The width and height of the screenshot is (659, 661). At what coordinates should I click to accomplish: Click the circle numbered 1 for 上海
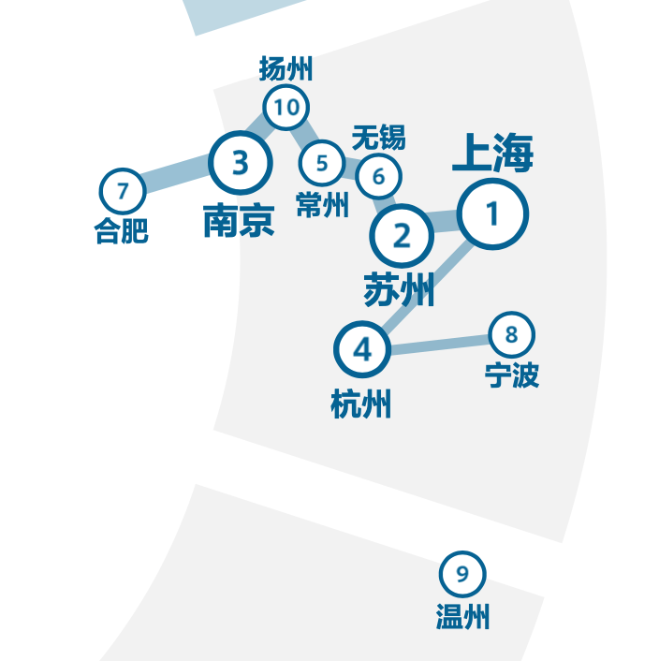point(492,214)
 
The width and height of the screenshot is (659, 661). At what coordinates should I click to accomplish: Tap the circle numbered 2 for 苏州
point(402,237)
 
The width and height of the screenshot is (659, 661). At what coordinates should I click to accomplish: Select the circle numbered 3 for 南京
point(241,163)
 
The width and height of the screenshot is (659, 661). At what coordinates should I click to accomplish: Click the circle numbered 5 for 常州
point(322,163)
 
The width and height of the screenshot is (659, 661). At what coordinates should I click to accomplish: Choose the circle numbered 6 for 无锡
point(378,175)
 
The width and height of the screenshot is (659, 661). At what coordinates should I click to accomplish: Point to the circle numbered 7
point(123,192)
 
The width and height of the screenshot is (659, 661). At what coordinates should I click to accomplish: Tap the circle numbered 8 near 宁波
point(511,334)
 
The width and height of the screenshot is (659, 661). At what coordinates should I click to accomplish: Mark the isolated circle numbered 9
point(462,574)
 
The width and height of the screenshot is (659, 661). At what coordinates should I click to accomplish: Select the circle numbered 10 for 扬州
point(286,108)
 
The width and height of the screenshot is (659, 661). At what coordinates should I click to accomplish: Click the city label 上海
point(492,154)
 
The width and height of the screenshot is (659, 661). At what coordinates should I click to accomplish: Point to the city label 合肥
point(122,230)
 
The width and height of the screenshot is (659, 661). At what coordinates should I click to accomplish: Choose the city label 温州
point(462,616)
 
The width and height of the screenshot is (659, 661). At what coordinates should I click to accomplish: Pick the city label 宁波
point(512,375)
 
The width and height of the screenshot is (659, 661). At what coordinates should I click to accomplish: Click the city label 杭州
point(361,405)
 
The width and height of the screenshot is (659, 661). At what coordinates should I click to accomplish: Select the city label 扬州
point(286,68)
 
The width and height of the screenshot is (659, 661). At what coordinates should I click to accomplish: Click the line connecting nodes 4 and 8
point(437,343)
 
